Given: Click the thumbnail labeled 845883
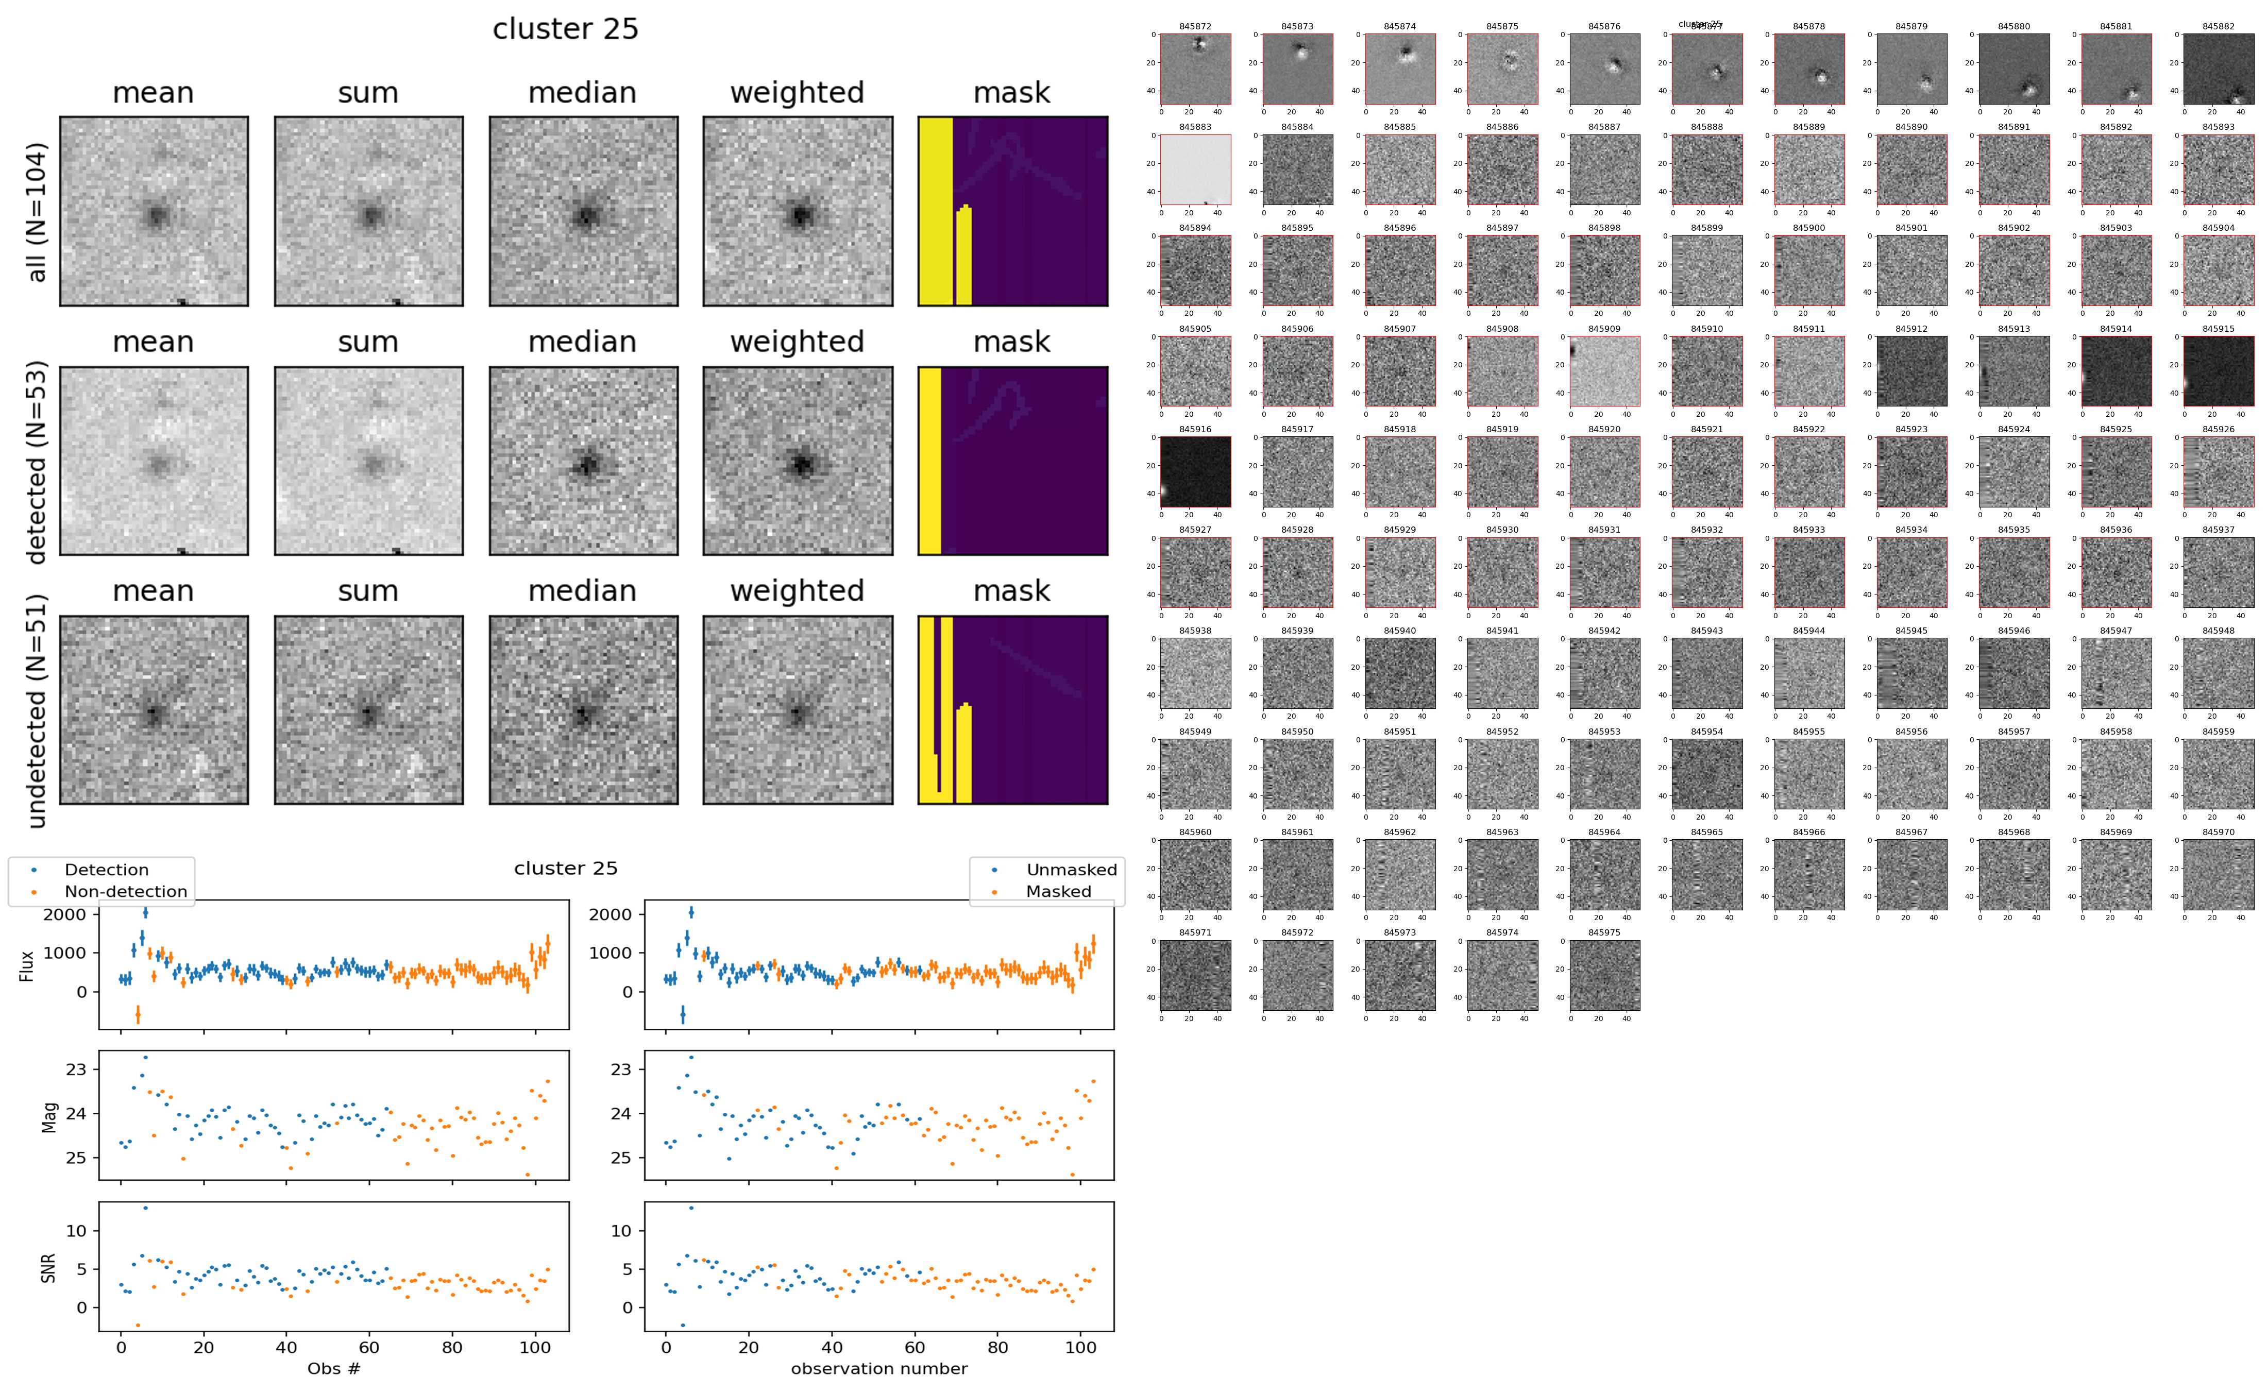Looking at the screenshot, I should (x=1195, y=169).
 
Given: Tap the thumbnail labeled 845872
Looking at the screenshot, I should (x=1195, y=69).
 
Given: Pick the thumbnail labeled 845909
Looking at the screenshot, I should (x=1604, y=370).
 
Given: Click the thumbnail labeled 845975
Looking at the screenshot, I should (x=1604, y=975).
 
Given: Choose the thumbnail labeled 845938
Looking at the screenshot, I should (x=1195, y=673).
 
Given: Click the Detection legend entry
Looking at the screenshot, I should (x=106, y=870).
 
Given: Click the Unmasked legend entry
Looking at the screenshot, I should (x=1071, y=870).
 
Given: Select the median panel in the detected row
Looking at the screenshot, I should (x=583, y=461).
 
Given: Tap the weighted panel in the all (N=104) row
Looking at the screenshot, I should (x=798, y=211).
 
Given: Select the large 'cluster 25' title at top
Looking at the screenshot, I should (x=566, y=29).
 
